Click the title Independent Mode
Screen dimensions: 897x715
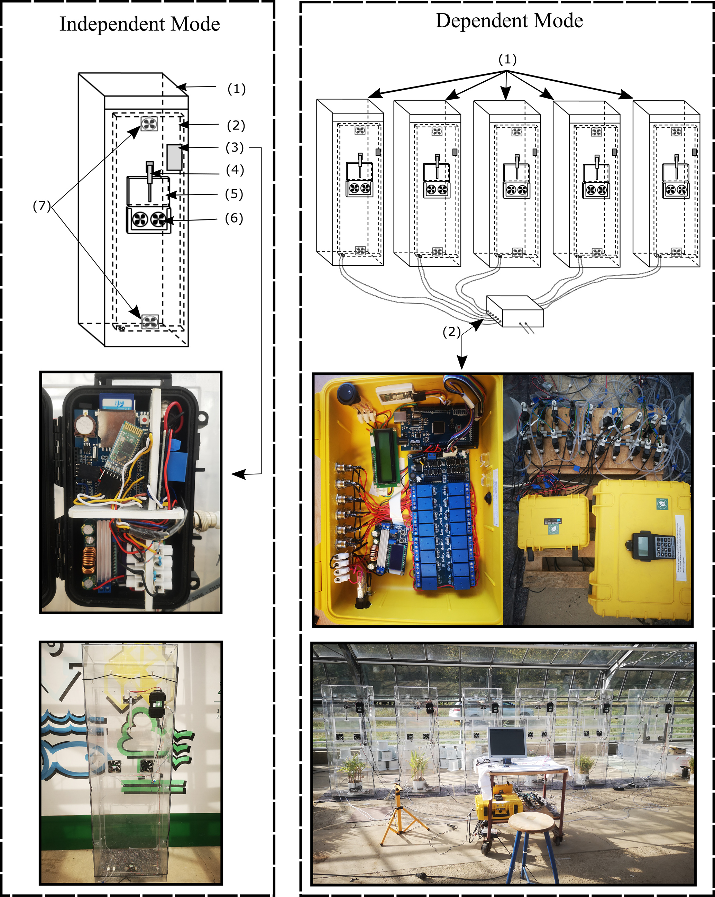click(139, 24)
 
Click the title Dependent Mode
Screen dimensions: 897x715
click(509, 21)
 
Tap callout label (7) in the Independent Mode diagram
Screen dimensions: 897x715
click(42, 206)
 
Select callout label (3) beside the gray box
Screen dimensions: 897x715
click(235, 147)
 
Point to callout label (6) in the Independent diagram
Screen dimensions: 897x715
click(234, 218)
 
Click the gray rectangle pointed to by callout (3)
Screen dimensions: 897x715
click(174, 157)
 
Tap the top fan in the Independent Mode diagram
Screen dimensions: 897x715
click(149, 123)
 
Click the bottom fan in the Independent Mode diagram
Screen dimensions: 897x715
click(149, 321)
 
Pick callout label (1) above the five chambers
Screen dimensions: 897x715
click(507, 59)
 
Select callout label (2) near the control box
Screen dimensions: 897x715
click(451, 332)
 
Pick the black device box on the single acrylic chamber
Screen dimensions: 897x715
click(158, 704)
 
